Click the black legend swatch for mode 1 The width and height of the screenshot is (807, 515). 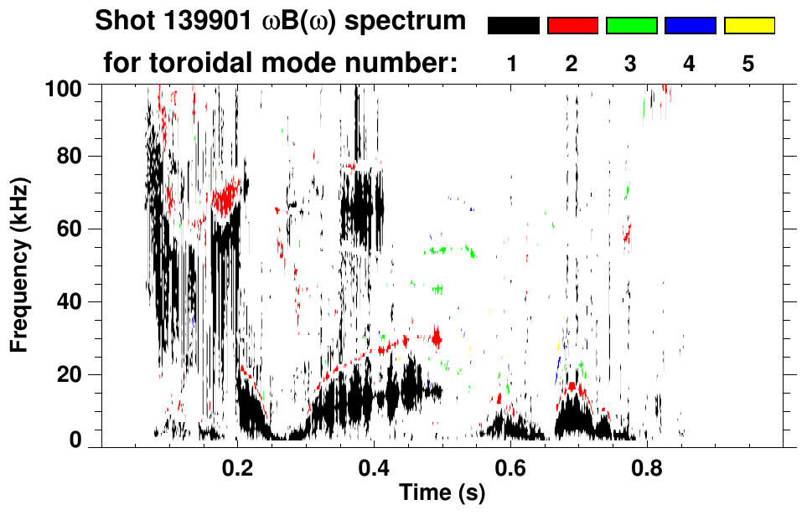[x=514, y=26]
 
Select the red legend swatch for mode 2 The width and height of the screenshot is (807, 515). [x=572, y=26]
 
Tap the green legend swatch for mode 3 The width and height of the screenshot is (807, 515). [x=631, y=26]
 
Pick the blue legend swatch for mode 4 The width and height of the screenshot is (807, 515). [x=690, y=26]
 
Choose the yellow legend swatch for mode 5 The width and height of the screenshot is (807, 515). [x=749, y=26]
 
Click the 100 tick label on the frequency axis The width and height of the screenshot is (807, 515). [x=64, y=86]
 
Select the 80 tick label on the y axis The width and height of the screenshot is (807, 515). [x=70, y=157]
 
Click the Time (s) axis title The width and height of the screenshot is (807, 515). [x=442, y=494]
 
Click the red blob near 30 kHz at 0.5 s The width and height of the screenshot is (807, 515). [x=436, y=338]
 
